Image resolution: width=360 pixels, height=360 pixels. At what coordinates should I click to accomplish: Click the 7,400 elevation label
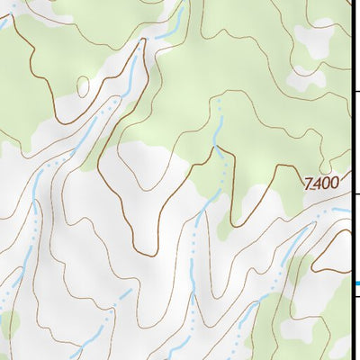click(321, 183)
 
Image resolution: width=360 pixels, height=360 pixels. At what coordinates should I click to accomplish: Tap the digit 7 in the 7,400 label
click(309, 183)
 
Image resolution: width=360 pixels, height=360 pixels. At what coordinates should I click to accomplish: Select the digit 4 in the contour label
click(317, 183)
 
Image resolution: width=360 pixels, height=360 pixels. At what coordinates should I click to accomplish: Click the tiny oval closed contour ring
click(84, 86)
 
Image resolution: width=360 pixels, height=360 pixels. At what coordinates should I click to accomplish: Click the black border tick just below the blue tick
click(355, 297)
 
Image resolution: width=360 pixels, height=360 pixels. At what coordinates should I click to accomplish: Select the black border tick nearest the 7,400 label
click(355, 193)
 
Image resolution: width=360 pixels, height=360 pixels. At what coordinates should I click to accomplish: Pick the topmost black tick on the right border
click(355, 91)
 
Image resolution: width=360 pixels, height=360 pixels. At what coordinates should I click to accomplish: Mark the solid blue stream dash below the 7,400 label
click(340, 211)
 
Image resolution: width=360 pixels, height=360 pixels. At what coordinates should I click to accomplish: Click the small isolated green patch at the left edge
click(8, 321)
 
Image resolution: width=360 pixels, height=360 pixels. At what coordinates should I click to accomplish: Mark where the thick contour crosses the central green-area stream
click(216, 151)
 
